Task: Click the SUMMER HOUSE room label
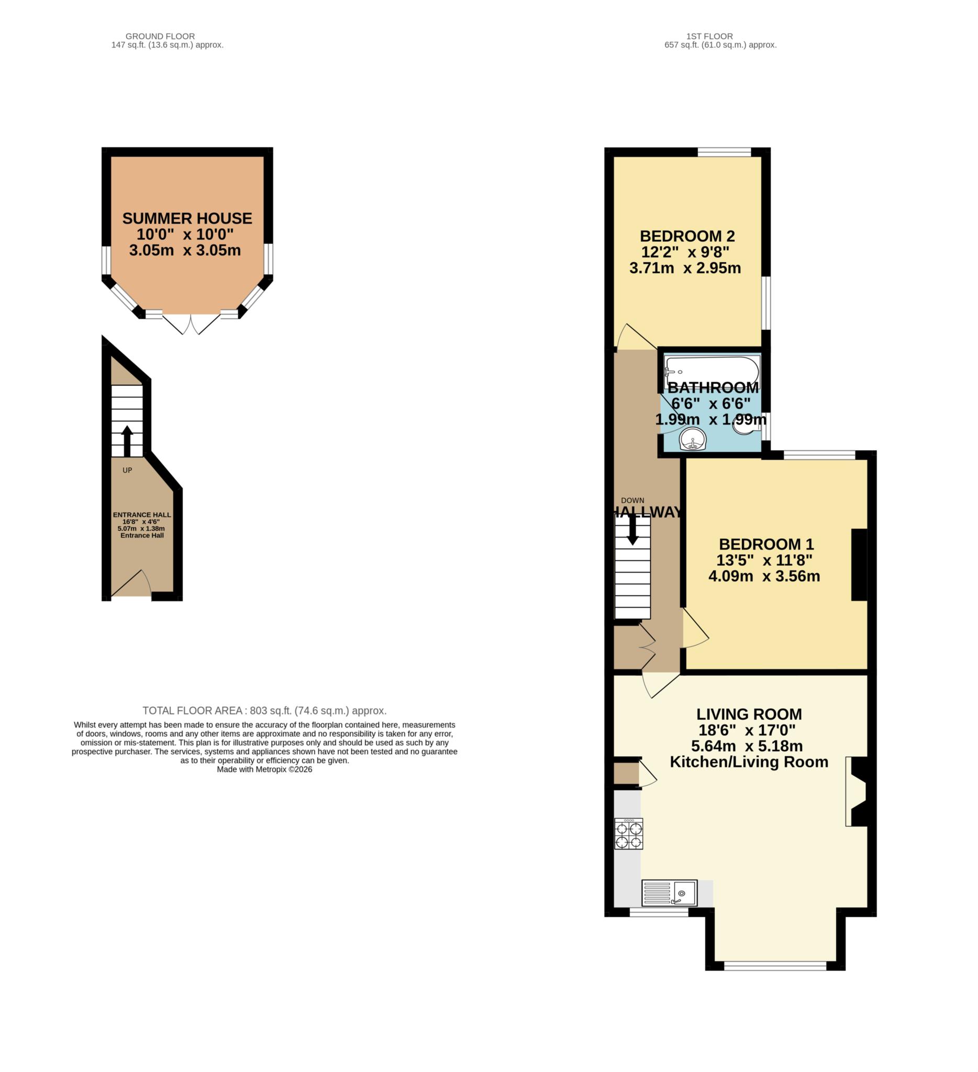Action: coord(187,219)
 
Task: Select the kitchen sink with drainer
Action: coord(669,893)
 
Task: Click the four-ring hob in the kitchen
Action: coord(629,834)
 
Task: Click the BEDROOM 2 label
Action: coord(687,236)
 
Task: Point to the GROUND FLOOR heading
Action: coord(160,36)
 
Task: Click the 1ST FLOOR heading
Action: coord(709,36)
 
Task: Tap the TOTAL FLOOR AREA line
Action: coord(264,710)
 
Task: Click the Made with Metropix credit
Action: coord(264,769)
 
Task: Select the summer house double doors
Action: coord(191,323)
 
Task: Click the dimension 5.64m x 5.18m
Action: coord(747,745)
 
